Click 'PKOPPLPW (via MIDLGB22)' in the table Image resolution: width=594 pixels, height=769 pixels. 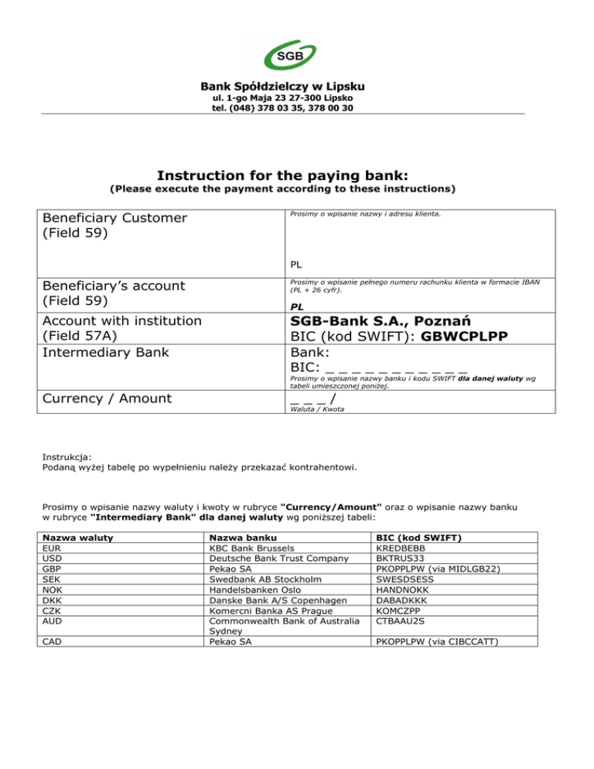pyautogui.click(x=445, y=567)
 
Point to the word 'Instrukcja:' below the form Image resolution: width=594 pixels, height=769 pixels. pyautogui.click(x=67, y=457)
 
